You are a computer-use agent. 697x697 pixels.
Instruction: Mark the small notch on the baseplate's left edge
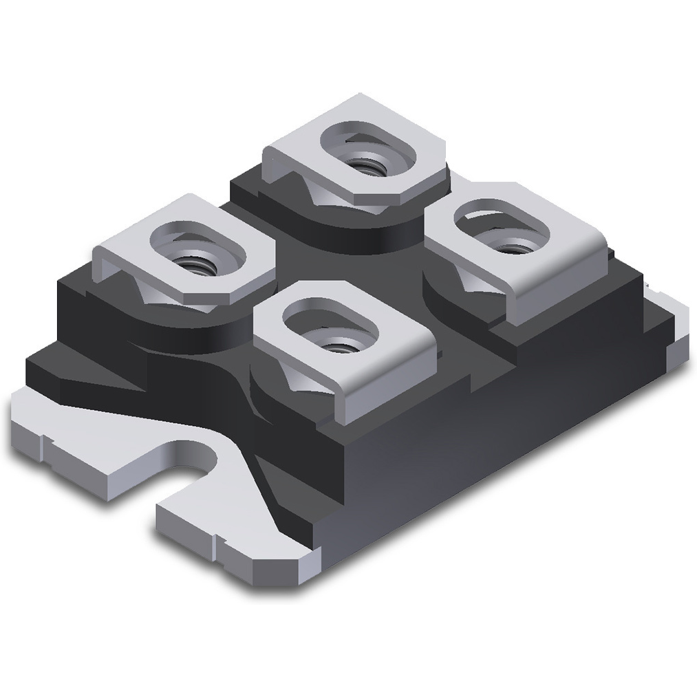pos(41,444)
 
